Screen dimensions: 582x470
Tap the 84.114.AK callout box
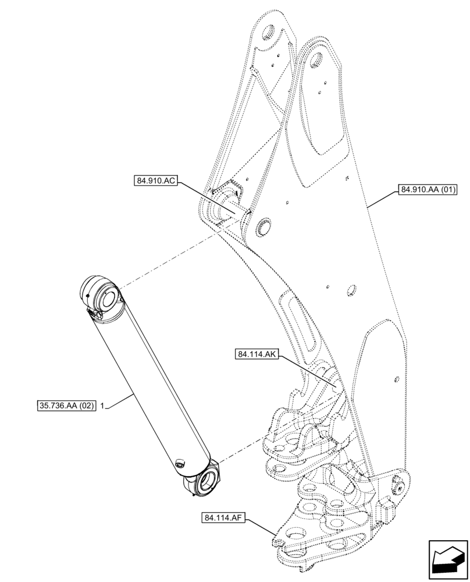pos(257,354)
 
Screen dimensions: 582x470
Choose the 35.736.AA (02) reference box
pos(63,404)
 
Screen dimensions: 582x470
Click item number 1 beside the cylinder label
pos(102,404)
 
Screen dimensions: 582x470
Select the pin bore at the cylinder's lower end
pos(208,482)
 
